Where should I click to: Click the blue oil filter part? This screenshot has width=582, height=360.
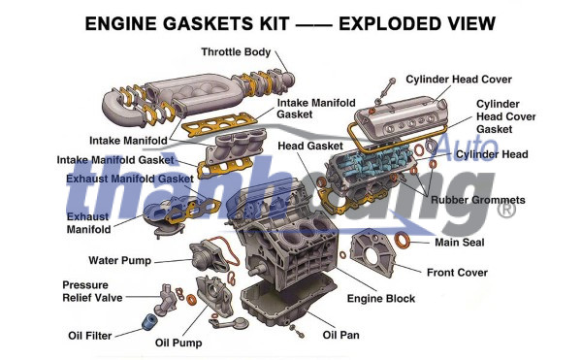pyautogui.click(x=150, y=322)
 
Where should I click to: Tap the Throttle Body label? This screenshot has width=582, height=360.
pyautogui.click(x=236, y=52)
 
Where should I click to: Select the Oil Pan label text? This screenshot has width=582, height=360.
pyautogui.click(x=340, y=335)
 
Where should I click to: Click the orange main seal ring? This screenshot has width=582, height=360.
pyautogui.click(x=402, y=240)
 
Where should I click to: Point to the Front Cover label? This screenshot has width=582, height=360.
pyautogui.click(x=457, y=273)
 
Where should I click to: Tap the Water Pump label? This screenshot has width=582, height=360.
pyautogui.click(x=119, y=260)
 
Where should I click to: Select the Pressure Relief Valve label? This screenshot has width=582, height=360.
pyautogui.click(x=92, y=291)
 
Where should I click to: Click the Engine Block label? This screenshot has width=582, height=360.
pyautogui.click(x=381, y=299)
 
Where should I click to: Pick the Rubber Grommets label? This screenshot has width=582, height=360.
pyautogui.click(x=477, y=200)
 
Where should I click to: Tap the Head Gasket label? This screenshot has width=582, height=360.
pyautogui.click(x=310, y=146)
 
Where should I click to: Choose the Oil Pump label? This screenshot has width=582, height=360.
pyautogui.click(x=178, y=343)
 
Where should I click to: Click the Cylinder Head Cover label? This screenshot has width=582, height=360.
pyautogui.click(x=459, y=80)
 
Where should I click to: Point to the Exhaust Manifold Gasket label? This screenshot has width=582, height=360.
pyautogui.click(x=130, y=179)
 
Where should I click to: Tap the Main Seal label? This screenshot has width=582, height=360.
pyautogui.click(x=460, y=243)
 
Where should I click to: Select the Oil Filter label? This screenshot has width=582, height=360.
pyautogui.click(x=90, y=336)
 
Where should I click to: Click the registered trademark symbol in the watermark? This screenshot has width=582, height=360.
pyautogui.click(x=506, y=210)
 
